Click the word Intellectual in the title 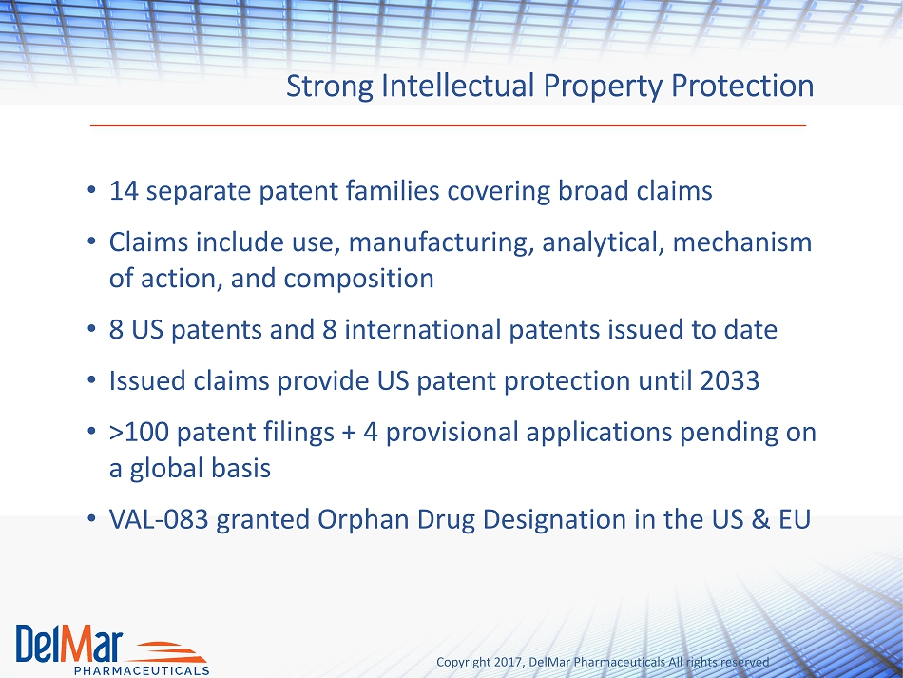458,86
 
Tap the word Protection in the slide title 742,86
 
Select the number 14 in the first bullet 124,191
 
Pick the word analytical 604,242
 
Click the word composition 358,279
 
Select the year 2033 730,380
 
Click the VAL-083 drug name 159,519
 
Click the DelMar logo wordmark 69,644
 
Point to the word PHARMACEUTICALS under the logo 142,670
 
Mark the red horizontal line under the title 448,125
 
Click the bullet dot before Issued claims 91,380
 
